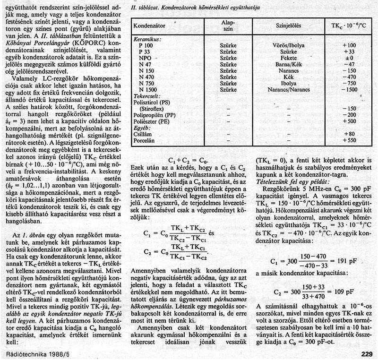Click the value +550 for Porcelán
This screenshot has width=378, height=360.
(x=349, y=141)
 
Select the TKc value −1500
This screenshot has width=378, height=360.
(x=349, y=89)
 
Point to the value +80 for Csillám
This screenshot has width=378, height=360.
(x=349, y=134)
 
